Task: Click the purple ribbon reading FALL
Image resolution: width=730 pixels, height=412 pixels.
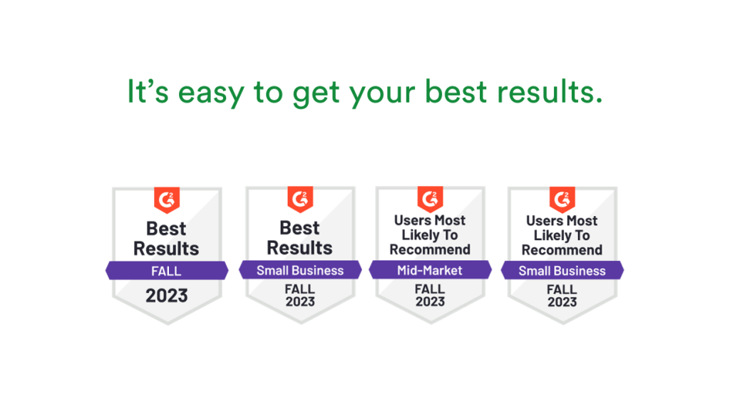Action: (166, 271)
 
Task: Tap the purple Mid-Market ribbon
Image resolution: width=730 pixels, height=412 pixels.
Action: (429, 270)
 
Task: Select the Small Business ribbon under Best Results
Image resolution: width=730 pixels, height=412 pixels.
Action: (299, 270)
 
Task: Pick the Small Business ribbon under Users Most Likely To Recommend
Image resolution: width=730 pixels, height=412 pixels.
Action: (562, 271)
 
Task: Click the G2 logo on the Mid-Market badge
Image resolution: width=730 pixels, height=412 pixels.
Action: (430, 197)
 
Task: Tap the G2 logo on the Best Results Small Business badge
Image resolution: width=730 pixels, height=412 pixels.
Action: (300, 197)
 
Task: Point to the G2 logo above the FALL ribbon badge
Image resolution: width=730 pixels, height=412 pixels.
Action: (166, 197)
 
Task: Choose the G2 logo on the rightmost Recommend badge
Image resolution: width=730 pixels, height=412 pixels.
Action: (562, 197)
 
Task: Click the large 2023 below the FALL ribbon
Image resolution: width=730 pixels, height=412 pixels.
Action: (166, 295)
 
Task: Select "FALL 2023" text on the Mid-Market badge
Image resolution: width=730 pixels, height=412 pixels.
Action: (430, 295)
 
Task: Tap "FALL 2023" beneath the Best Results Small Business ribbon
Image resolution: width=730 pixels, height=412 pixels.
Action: (300, 295)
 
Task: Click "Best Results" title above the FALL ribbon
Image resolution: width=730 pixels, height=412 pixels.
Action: (166, 239)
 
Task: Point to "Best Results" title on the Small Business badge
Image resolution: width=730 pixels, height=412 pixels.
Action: (300, 238)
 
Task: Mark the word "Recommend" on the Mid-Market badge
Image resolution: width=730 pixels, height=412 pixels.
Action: (430, 249)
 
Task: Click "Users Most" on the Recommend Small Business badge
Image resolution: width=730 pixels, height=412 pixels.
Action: (562, 221)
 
